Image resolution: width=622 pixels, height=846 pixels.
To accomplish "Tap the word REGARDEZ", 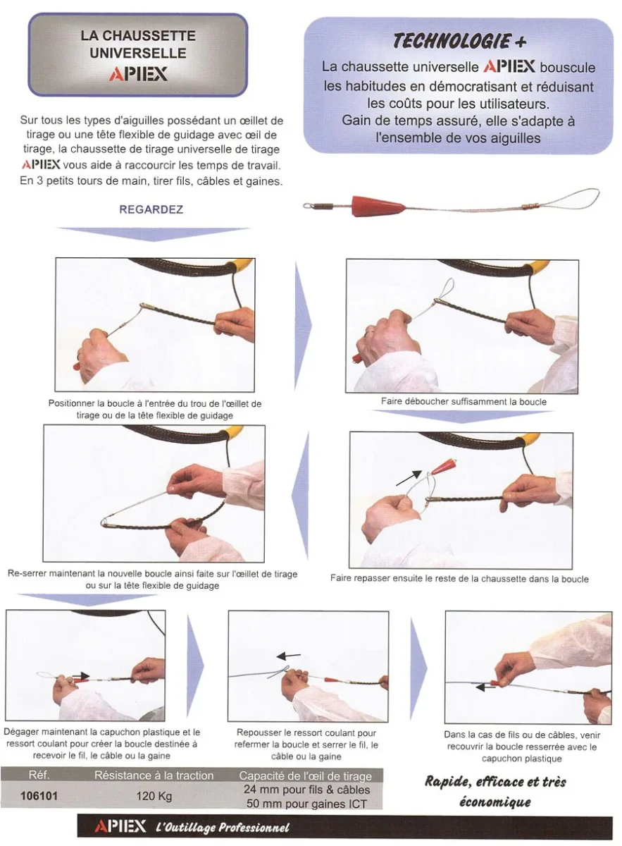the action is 151,209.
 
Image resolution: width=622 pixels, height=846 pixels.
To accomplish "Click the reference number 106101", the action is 39,796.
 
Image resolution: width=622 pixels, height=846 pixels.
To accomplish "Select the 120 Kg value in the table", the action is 154,796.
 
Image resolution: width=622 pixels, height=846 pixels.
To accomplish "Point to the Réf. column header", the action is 39,775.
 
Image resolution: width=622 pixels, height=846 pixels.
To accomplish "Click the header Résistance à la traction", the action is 154,775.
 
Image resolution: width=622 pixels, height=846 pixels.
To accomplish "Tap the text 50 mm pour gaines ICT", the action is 306,804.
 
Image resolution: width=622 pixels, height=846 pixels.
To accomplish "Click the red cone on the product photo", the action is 378,206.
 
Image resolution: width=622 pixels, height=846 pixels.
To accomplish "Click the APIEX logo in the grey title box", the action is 138,74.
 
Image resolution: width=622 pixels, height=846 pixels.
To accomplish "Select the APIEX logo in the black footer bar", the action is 120,826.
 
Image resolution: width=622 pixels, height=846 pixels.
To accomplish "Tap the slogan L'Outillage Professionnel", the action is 223,828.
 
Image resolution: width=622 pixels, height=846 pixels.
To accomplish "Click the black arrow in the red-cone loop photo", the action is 409,477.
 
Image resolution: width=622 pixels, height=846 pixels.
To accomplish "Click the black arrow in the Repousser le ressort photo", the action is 289,656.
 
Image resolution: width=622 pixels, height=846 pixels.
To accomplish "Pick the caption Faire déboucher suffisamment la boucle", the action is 464,401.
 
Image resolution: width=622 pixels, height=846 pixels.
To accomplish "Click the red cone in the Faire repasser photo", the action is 444,465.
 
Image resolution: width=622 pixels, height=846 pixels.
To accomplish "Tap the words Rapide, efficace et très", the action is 495,782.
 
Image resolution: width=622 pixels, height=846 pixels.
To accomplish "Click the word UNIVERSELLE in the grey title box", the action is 138,53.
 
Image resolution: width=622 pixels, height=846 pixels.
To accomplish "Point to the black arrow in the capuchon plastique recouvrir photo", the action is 485,687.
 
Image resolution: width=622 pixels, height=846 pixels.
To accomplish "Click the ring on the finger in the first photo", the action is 79,356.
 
